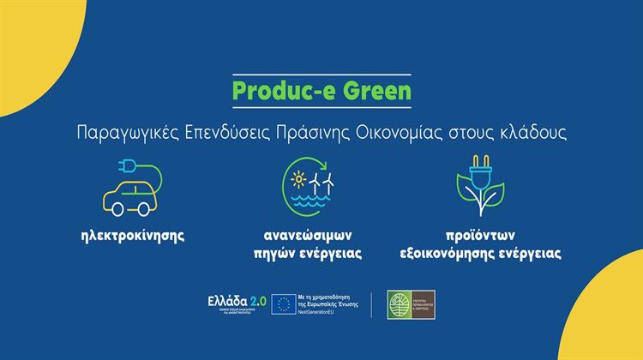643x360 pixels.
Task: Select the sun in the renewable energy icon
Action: (299, 180)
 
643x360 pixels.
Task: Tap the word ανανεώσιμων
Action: (320, 234)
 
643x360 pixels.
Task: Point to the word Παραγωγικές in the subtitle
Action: (120, 134)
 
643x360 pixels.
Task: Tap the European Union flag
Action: (283, 303)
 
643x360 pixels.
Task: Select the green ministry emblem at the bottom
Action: (400, 303)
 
